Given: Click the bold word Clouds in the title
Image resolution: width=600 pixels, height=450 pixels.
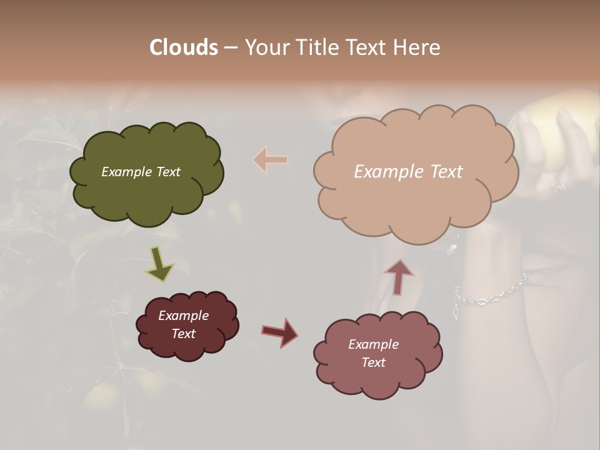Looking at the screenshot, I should (x=184, y=47).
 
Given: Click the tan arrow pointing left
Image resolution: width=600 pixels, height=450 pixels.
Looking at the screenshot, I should (x=271, y=160).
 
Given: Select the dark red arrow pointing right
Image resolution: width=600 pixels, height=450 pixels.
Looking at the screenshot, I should (x=280, y=332).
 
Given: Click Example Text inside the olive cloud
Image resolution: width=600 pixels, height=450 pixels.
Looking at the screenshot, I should (x=141, y=172).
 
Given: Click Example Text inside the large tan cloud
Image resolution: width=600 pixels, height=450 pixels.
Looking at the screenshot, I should (x=408, y=172).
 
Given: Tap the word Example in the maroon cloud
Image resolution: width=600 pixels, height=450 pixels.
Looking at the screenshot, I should (x=183, y=316).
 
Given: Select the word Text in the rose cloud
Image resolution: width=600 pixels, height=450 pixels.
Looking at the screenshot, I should (x=373, y=362).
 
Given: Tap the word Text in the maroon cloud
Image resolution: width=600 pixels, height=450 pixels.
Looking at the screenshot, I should (x=183, y=334).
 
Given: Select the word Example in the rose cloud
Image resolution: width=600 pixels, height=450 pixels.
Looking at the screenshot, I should (x=373, y=344).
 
